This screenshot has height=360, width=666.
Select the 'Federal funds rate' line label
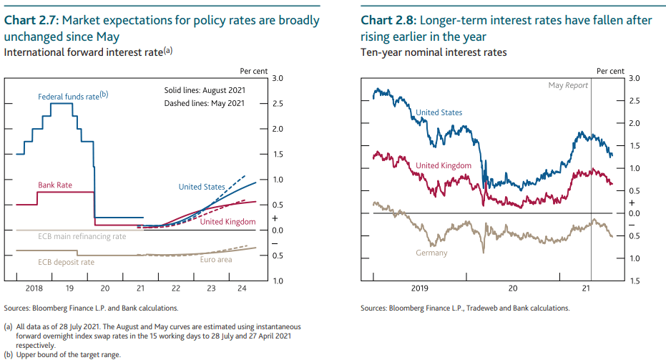pyautogui.click(x=72, y=96)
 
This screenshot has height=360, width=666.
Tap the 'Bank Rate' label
pyautogui.click(x=55, y=185)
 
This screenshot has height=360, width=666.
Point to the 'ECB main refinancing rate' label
pyautogui.click(x=82, y=236)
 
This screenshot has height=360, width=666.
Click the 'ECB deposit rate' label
pyautogui.click(x=67, y=262)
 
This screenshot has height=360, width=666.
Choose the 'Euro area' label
pyautogui.click(x=215, y=259)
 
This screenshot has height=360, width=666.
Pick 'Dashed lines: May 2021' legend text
pyautogui.click(x=204, y=103)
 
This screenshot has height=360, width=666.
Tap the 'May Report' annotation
pyautogui.click(x=568, y=85)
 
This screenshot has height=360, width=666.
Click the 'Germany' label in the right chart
pyautogui.click(x=431, y=253)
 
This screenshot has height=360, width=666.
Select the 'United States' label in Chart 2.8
pyautogui.click(x=439, y=112)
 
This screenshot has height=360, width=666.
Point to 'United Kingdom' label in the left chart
pyautogui.click(x=227, y=222)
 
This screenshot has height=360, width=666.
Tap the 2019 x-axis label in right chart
pyautogui.click(x=418, y=288)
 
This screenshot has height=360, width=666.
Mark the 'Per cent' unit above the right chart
pyautogui.click(x=610, y=71)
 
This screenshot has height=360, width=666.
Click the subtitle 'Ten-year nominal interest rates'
pyautogui.click(x=434, y=52)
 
